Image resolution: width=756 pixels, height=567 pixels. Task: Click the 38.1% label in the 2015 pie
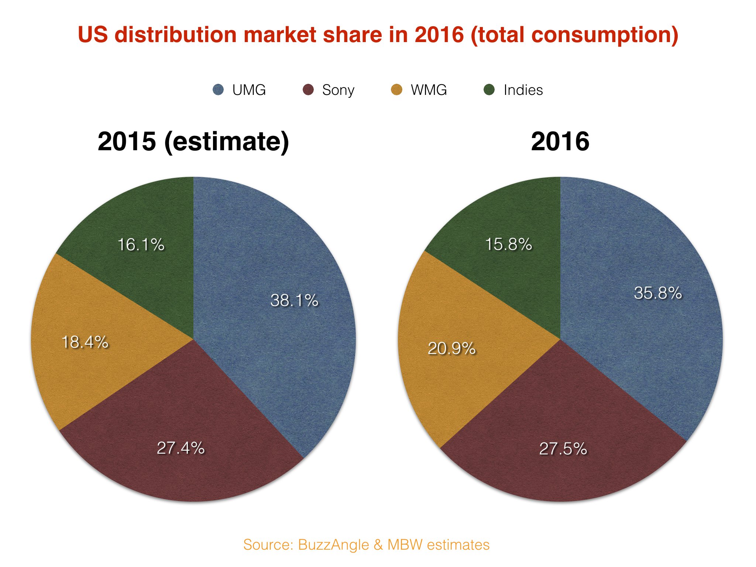[294, 300]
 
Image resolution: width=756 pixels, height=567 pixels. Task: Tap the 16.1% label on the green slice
[141, 245]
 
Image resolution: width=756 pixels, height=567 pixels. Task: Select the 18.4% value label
[85, 342]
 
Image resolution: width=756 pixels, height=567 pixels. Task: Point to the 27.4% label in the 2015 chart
[181, 448]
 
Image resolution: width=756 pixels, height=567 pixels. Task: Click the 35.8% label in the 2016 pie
[658, 293]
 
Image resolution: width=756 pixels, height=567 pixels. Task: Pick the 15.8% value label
[508, 244]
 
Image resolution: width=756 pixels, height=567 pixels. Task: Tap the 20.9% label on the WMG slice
[451, 348]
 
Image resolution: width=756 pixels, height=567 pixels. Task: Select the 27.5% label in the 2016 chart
[563, 449]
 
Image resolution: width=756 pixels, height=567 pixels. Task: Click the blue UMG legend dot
[219, 90]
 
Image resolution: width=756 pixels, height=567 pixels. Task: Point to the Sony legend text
[338, 90]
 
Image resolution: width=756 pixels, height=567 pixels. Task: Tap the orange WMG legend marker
[396, 90]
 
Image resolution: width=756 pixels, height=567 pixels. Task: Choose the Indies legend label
[523, 90]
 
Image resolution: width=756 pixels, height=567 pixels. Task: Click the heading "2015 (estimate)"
[193, 141]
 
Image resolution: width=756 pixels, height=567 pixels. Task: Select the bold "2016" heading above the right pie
[560, 141]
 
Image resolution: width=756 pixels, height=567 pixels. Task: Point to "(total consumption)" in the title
[574, 35]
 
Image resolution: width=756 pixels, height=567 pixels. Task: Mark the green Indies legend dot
[489, 90]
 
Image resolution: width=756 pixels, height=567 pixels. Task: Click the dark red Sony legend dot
[308, 90]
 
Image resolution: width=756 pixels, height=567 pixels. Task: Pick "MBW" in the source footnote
[405, 545]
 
